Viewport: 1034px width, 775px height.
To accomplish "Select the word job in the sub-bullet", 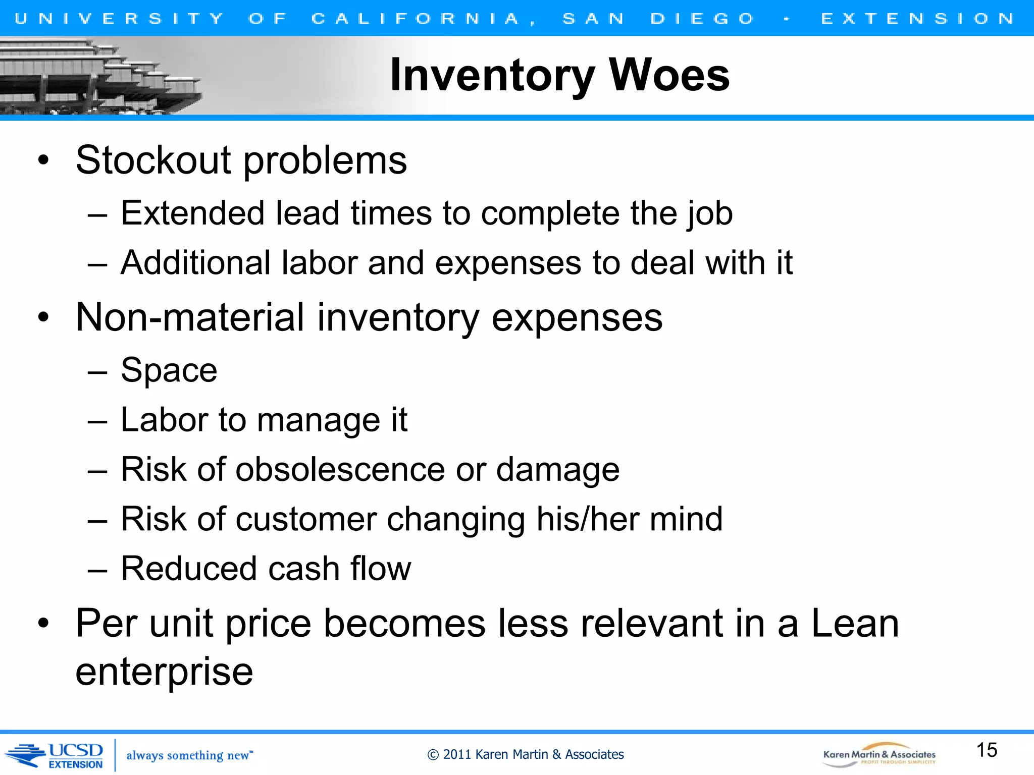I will click(x=709, y=213).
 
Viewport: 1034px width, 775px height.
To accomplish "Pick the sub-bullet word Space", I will click(x=169, y=371).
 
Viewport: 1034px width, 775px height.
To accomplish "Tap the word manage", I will click(x=318, y=421).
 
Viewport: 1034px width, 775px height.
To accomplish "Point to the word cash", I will click(x=303, y=569).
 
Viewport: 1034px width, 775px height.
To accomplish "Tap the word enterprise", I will click(x=164, y=673).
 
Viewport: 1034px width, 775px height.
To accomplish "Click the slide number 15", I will click(x=987, y=750).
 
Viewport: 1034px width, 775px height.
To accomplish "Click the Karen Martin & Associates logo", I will click(x=879, y=755).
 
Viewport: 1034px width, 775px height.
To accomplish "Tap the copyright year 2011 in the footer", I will click(x=457, y=755).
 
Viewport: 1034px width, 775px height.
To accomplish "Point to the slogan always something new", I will click(x=189, y=755).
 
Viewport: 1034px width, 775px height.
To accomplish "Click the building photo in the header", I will click(x=101, y=76).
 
